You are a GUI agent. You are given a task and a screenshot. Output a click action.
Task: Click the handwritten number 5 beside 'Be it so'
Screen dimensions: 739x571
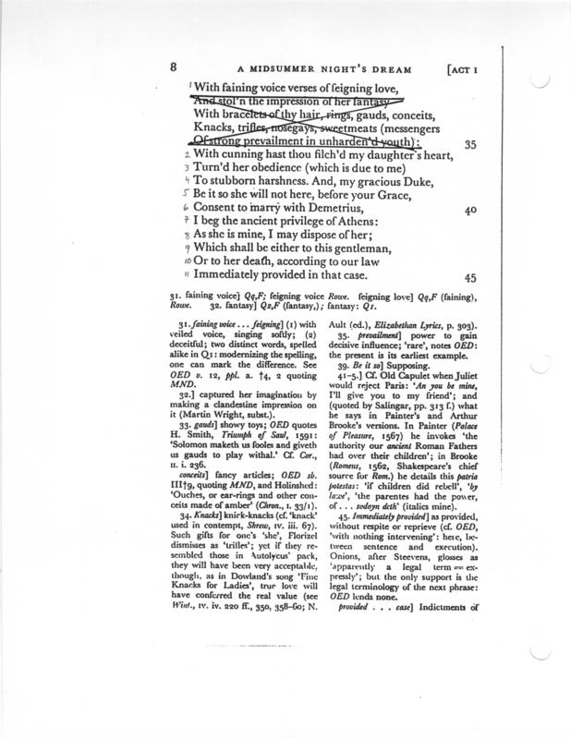pyautogui.click(x=186, y=194)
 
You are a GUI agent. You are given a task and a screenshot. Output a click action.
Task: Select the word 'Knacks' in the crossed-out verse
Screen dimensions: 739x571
pyautogui.click(x=218, y=127)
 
